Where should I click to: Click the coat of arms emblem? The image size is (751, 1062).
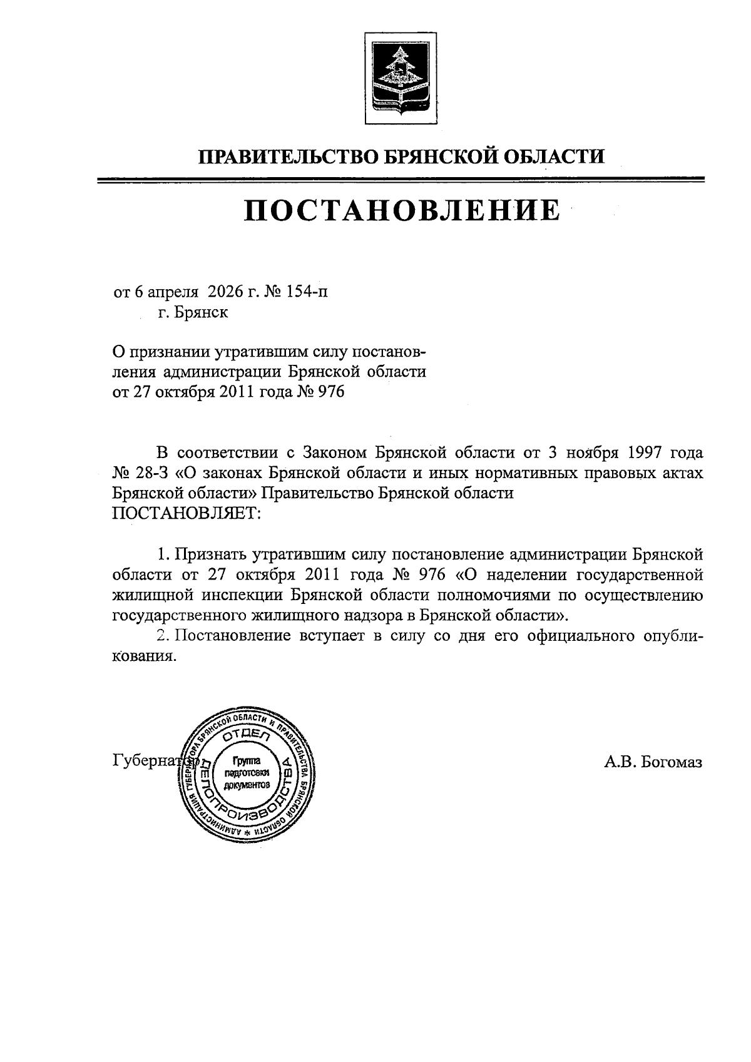[396, 76]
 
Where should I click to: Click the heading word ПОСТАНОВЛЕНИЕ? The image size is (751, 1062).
[401, 210]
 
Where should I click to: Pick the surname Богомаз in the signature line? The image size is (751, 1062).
[672, 762]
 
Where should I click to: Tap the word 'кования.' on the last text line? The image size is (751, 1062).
[141, 656]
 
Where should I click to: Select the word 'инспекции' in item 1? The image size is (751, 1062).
[240, 595]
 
